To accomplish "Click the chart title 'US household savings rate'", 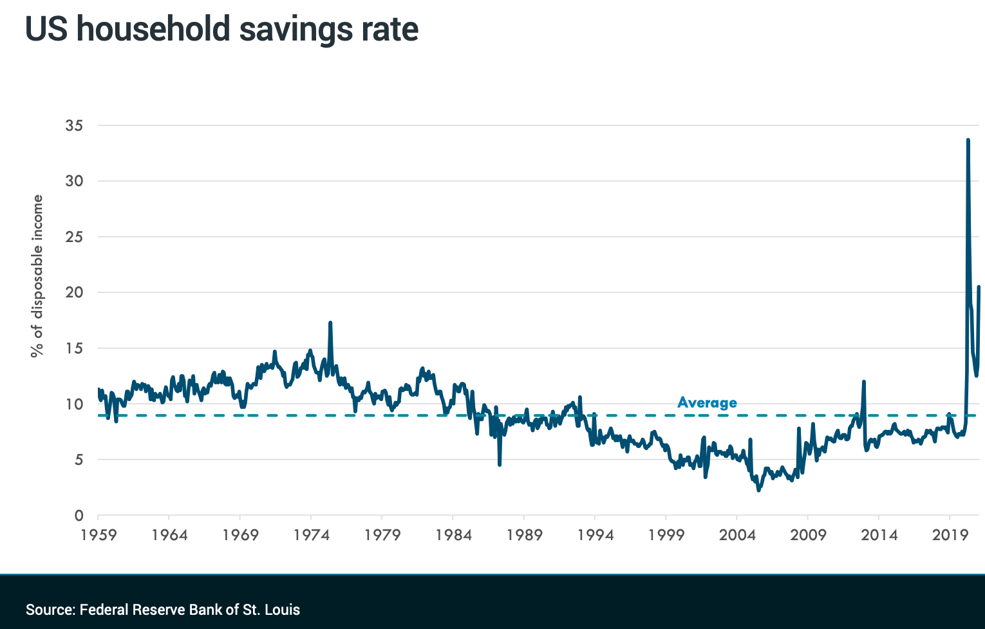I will (221, 30).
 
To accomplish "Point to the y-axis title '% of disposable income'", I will (37, 276).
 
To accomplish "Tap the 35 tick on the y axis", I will (74, 126).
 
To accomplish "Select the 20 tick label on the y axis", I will (74, 292).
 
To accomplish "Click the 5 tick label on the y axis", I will (79, 460).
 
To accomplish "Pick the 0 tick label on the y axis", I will (79, 516).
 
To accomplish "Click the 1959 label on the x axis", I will (98, 535).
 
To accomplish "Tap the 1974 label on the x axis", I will (311, 535).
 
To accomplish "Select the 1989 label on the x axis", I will (524, 535).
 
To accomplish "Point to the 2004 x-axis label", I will (737, 535).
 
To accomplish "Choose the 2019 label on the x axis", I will (950, 535).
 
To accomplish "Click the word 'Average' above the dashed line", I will (707, 403).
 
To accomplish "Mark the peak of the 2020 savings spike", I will (968, 140).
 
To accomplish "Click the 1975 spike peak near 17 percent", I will (330, 323).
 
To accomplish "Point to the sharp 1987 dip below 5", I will (500, 464).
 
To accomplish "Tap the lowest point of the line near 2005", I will (758, 491).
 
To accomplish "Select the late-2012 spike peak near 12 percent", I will (864, 382).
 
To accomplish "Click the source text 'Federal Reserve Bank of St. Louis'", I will (190, 610).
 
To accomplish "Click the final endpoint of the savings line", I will (979, 286).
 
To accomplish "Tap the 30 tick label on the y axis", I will (74, 181).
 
